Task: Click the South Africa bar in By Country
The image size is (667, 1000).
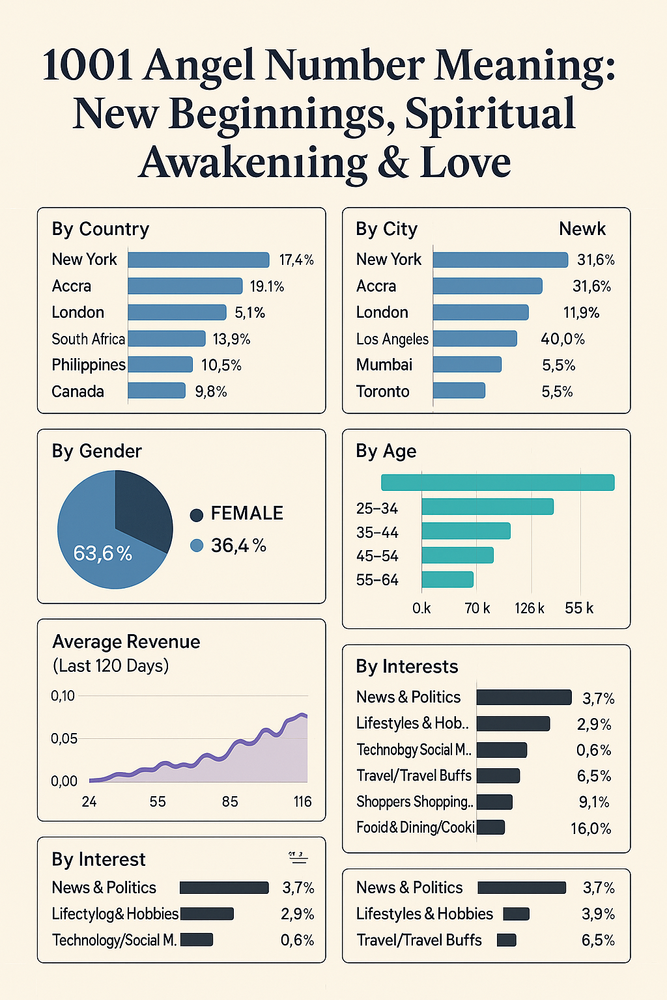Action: (x=167, y=339)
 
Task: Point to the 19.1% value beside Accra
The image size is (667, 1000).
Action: (x=267, y=286)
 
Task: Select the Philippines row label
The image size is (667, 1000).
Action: (x=89, y=365)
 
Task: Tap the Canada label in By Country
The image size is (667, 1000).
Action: (x=78, y=391)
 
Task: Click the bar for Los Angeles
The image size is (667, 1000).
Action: (x=475, y=339)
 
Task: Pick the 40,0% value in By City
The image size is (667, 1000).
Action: (x=563, y=339)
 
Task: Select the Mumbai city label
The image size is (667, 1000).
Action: (x=384, y=365)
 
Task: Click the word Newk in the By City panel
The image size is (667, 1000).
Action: (x=582, y=229)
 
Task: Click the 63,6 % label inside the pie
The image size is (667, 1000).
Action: (x=103, y=553)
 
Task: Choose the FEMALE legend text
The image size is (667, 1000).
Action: (x=247, y=514)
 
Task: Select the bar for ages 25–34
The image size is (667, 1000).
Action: (x=487, y=507)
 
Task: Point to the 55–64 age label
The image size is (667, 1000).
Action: (x=377, y=580)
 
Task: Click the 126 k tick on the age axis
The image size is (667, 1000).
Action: (x=529, y=608)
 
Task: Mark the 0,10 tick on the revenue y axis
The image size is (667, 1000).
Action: (x=63, y=696)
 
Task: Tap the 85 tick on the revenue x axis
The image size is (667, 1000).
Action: (x=230, y=801)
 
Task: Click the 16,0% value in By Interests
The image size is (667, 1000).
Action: (x=591, y=829)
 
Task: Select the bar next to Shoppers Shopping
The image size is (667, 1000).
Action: (x=495, y=802)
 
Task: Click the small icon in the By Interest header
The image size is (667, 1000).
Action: (x=298, y=857)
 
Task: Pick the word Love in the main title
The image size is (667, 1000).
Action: (x=466, y=163)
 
